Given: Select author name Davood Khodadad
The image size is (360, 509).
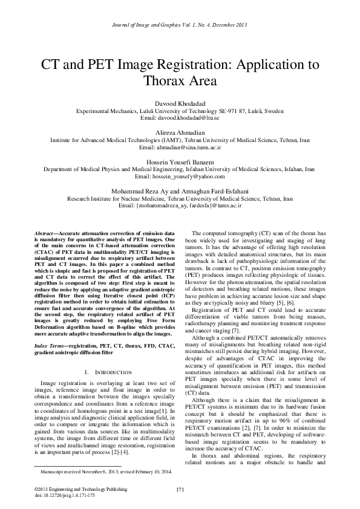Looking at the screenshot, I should click(180, 104).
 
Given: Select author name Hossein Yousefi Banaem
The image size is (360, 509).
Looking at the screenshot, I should click(180, 162).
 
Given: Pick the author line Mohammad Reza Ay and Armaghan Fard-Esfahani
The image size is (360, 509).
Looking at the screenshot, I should click(180, 191).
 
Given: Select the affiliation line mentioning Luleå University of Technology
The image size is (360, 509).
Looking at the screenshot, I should click(180, 111).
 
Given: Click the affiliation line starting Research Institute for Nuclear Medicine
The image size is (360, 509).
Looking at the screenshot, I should click(180, 198).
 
